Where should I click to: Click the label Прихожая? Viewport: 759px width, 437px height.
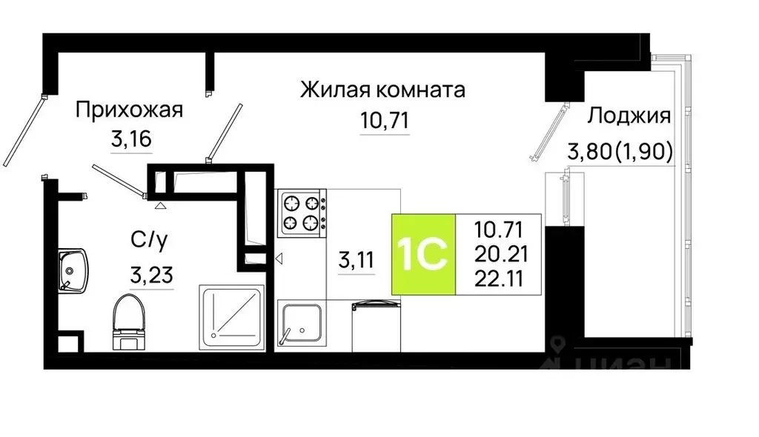click(129, 112)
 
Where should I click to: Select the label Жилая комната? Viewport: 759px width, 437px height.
click(382, 90)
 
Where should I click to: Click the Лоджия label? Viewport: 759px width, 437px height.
click(629, 116)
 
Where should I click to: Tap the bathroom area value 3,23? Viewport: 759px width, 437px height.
click(151, 276)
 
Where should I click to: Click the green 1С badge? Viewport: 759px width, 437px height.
click(423, 254)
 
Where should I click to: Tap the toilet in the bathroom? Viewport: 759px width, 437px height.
click(127, 321)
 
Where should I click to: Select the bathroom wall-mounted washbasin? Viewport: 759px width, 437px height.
click(73, 270)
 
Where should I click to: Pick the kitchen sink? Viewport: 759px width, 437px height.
click(302, 323)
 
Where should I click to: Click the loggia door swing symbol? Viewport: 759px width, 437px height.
click(548, 133)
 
